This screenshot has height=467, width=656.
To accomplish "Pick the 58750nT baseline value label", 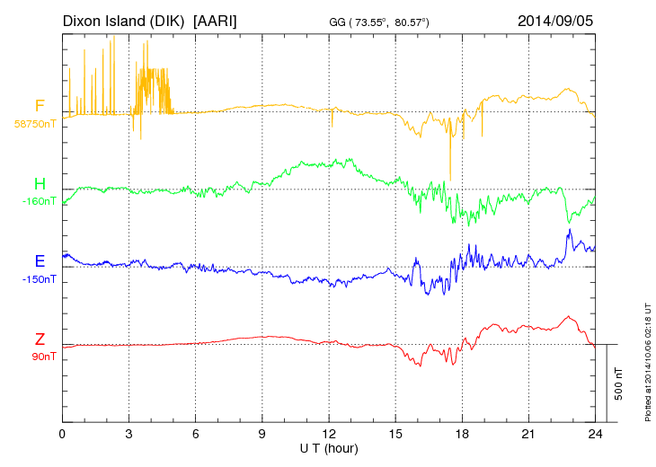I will click(x=35, y=124).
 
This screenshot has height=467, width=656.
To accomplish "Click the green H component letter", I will click(x=40, y=184).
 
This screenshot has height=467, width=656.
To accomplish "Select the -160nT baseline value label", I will click(x=39, y=201).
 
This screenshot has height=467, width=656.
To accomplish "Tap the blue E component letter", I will click(x=40, y=261).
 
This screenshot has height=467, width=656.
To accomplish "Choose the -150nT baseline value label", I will click(x=39, y=279).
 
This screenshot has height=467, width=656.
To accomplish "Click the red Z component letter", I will click(x=40, y=339).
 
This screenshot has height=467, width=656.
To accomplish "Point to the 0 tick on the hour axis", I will click(x=62, y=434).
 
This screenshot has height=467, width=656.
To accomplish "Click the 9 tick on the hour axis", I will click(x=262, y=434).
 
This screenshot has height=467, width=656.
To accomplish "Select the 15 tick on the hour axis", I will click(x=395, y=434).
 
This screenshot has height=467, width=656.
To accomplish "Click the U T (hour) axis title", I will click(x=328, y=447).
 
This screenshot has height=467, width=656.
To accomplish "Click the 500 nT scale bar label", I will click(x=619, y=383).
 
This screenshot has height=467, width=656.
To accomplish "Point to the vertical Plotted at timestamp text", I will click(x=647, y=359).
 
